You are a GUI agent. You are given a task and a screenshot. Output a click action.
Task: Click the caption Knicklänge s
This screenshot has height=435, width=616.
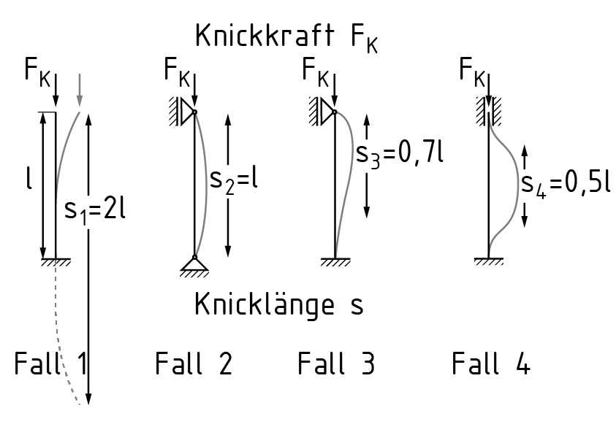coord(278,304)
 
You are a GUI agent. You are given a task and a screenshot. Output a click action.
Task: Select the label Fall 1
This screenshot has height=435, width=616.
coord(50,363)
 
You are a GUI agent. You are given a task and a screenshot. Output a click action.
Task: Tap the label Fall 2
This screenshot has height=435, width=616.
coord(194,363)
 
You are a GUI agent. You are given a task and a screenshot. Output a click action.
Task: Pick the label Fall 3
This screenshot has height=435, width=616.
coord(335,363)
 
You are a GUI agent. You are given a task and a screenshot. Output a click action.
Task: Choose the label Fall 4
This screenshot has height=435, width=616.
coord(490,363)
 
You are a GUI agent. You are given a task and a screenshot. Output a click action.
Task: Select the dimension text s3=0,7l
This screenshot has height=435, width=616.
coord(400,155)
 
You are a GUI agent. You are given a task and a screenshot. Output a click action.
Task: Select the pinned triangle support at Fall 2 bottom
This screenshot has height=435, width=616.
coord(194,266)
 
